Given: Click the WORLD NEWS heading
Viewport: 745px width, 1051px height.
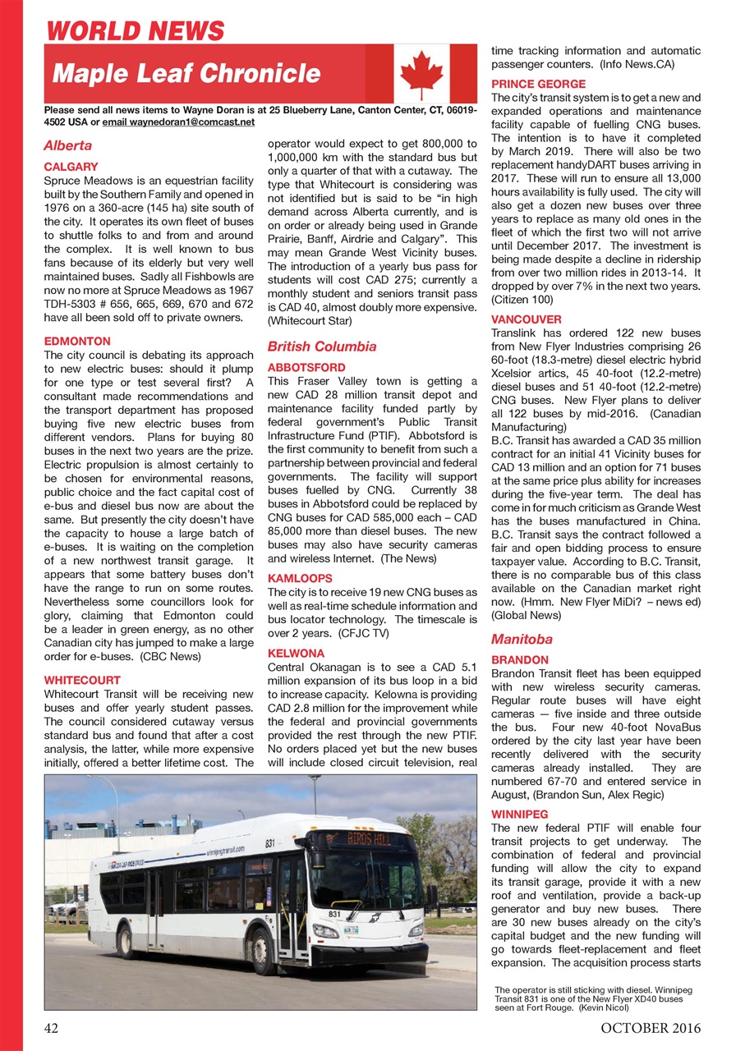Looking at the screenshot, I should tap(136, 31).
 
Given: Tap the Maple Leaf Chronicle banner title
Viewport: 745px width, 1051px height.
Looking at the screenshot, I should tap(186, 73).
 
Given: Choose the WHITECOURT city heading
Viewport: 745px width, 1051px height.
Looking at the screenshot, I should tap(82, 680).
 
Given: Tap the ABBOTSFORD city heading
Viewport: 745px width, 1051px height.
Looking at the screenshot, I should tap(307, 367).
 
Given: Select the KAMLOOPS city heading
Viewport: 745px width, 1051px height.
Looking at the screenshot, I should tap(300, 578).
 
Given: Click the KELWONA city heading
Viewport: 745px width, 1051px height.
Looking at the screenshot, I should tap(297, 654).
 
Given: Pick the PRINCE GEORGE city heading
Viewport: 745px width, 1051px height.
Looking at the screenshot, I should tap(538, 84).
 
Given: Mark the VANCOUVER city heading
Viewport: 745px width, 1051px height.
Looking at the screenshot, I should tap(527, 319).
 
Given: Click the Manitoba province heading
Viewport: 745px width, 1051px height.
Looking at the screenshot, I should tap(522, 638).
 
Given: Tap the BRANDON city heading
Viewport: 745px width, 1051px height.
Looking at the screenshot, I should tap(520, 659).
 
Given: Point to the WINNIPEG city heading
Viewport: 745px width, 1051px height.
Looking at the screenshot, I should tap(520, 814).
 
